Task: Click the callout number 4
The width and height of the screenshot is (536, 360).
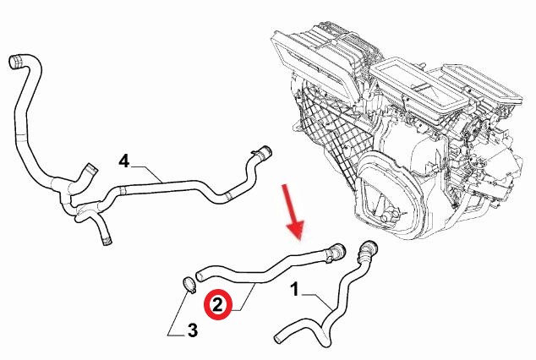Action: tap(124, 161)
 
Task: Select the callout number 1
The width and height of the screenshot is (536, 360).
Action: tap(295, 289)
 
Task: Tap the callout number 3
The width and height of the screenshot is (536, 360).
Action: tap(193, 330)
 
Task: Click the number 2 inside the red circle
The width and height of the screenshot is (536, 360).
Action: tap(218, 305)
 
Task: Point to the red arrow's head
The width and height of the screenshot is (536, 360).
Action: tap(296, 230)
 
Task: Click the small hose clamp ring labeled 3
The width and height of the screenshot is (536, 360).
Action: tap(189, 285)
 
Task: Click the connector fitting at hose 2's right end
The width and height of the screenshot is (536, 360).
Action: tap(335, 253)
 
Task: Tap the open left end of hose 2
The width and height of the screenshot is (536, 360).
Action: tap(200, 275)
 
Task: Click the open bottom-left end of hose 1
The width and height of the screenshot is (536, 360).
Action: tap(278, 340)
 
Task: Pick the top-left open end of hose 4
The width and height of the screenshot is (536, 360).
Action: tap(15, 62)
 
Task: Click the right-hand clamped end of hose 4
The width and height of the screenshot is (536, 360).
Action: tap(263, 153)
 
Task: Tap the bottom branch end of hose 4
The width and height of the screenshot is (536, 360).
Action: tap(107, 240)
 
